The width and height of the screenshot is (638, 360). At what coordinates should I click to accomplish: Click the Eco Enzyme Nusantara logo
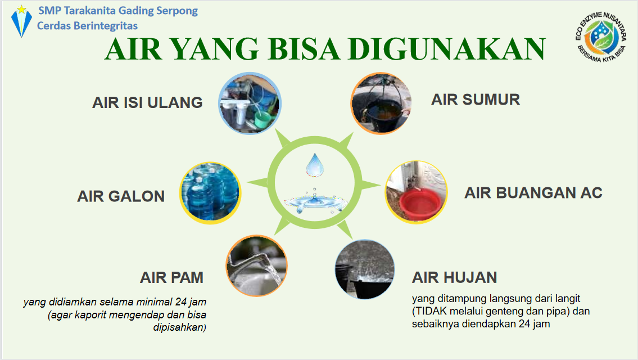[x=600, y=37]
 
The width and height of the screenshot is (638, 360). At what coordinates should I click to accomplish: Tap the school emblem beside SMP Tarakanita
[x=21, y=21]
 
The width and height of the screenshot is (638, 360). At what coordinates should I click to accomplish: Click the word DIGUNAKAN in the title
[x=446, y=49]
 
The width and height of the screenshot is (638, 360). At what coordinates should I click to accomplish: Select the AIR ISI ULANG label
[x=147, y=102]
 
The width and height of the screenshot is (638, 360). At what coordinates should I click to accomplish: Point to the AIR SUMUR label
[x=475, y=100]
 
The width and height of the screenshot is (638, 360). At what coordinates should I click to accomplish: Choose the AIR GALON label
[x=121, y=196]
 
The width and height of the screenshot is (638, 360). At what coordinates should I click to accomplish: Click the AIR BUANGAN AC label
[x=533, y=193]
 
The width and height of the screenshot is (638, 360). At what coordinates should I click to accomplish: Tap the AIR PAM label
[x=171, y=278]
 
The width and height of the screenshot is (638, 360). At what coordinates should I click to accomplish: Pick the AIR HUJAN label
[x=454, y=278]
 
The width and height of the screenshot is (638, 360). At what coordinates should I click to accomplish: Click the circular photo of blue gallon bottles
[x=210, y=192]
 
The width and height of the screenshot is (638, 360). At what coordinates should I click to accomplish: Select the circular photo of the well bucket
[x=381, y=103]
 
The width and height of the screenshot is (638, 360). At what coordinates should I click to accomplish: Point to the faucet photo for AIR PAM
[x=257, y=265]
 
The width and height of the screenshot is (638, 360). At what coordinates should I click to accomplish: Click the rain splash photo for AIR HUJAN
[x=365, y=269]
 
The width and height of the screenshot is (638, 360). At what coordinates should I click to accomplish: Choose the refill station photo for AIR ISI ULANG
[x=250, y=103]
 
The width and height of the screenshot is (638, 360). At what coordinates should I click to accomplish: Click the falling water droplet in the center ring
[x=315, y=165]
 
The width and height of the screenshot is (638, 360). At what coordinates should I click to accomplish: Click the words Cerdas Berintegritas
[x=88, y=26]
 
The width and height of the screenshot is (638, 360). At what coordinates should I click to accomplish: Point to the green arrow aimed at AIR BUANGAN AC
[x=370, y=185]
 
